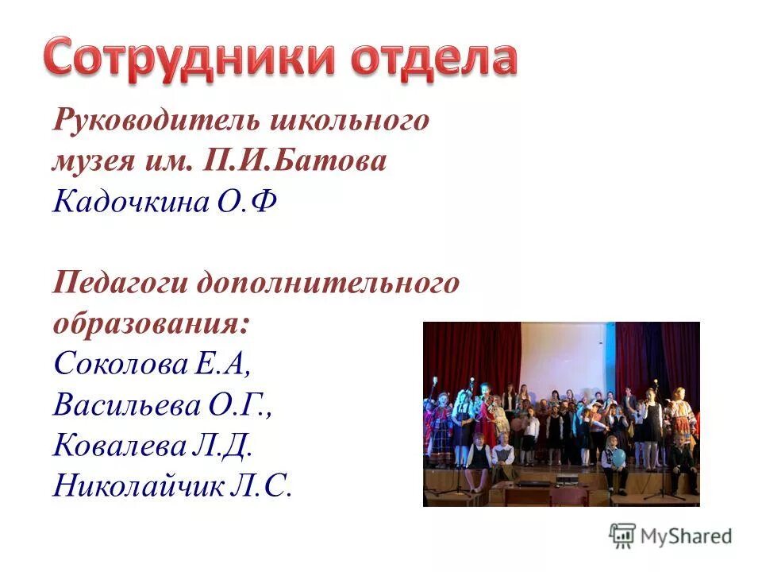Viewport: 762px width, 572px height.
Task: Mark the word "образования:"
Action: (x=151, y=323)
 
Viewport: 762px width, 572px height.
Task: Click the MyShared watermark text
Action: (x=687, y=535)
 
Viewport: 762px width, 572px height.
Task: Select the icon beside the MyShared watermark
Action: (x=622, y=535)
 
